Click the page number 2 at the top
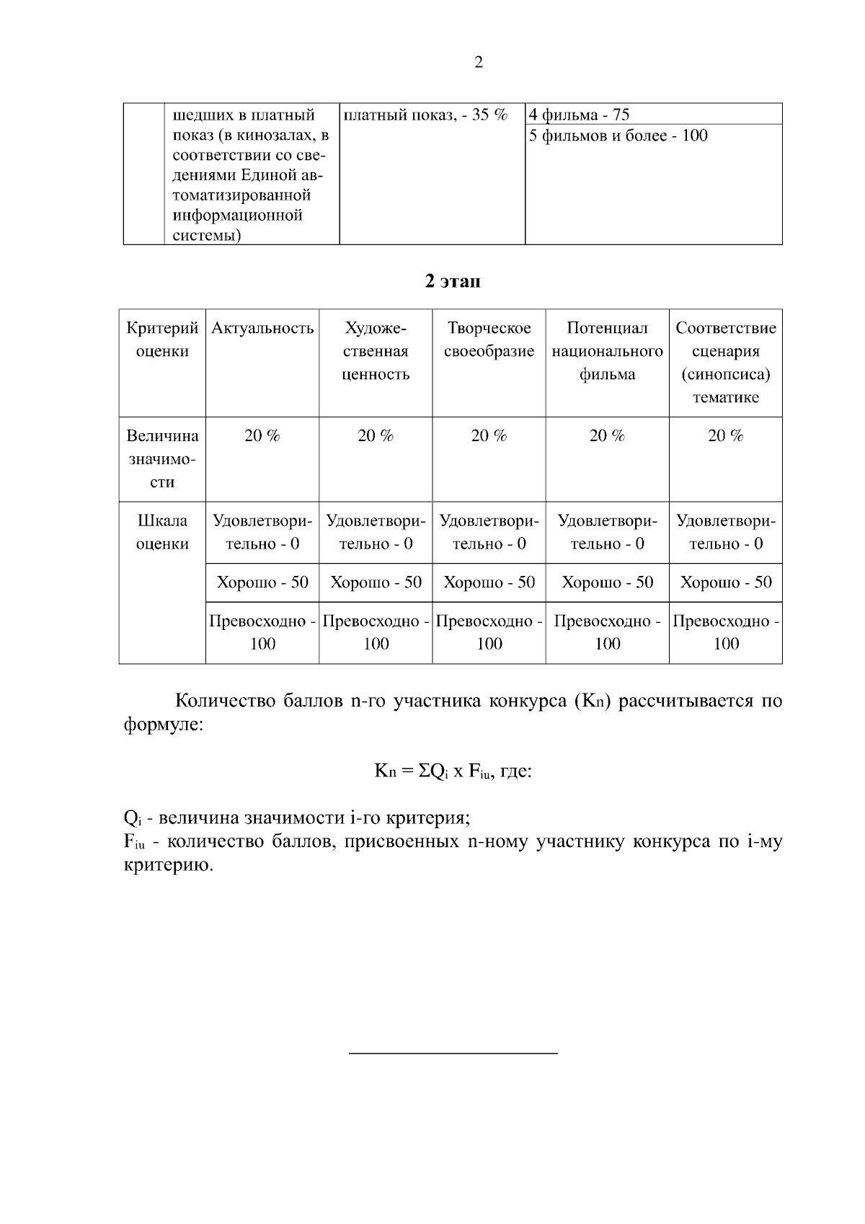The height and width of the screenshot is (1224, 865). coord(479,63)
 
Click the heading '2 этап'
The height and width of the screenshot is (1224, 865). coord(452,282)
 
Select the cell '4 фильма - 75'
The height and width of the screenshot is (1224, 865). coord(580,115)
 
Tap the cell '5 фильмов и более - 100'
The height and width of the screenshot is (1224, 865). coord(618,136)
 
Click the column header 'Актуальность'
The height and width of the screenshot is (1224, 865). coord(262,329)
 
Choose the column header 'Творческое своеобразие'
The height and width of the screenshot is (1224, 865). coord(489,340)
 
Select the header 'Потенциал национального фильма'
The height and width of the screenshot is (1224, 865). coord(607,351)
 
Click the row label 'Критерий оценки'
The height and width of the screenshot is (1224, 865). coord(162,340)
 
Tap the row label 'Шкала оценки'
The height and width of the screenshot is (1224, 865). coord(162,532)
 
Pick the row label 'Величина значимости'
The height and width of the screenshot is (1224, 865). coord(162,458)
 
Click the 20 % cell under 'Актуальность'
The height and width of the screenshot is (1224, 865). coord(262,436)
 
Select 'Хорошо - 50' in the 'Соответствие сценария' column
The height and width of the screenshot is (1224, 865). coord(725,582)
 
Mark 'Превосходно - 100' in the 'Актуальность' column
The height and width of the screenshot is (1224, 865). coord(262,632)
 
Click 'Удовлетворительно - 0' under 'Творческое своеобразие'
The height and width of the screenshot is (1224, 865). coord(489,532)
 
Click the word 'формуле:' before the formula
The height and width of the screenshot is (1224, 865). coord(164,724)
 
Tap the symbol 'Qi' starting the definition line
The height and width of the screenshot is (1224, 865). coord(131,819)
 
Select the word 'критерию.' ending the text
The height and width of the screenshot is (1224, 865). coord(169,865)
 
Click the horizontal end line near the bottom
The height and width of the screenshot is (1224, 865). coord(453,1054)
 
